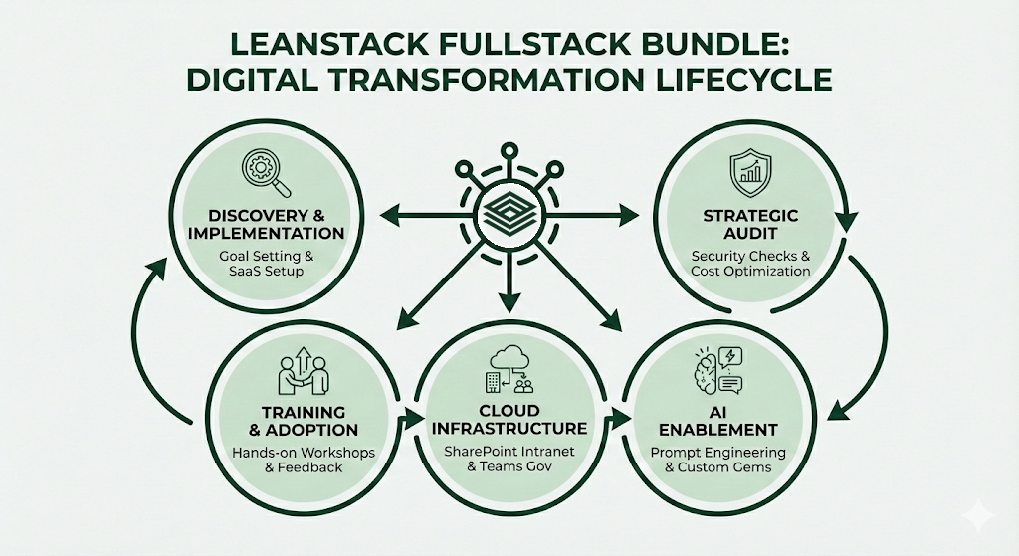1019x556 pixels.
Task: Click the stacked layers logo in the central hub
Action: point(509,213)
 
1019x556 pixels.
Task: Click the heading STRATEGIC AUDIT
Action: point(751,224)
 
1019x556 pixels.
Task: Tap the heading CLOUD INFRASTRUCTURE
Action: point(509,419)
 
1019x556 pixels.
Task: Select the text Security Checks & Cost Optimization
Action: point(751,263)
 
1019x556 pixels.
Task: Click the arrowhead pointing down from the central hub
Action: point(509,295)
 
